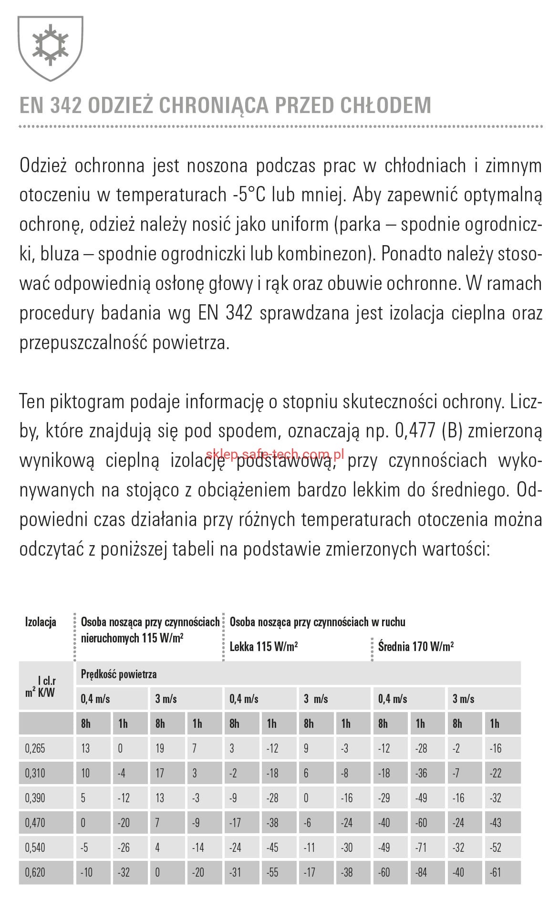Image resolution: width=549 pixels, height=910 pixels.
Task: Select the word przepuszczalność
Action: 83,343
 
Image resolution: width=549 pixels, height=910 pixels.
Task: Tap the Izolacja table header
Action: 41,622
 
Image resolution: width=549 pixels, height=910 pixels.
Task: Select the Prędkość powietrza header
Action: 119,674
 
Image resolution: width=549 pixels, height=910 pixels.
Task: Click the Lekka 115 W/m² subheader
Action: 264,647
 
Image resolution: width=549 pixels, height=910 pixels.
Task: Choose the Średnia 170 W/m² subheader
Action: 415,647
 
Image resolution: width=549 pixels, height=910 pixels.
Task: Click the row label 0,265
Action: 35,748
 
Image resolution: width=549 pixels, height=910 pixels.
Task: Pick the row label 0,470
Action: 35,823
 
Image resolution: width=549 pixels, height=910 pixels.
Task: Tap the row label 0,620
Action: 35,872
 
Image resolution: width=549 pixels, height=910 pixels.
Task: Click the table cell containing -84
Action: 421,872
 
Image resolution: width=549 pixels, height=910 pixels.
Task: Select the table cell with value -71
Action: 421,848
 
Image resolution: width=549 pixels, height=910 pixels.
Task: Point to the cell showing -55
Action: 272,872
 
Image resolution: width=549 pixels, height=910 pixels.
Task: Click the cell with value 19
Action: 160,748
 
